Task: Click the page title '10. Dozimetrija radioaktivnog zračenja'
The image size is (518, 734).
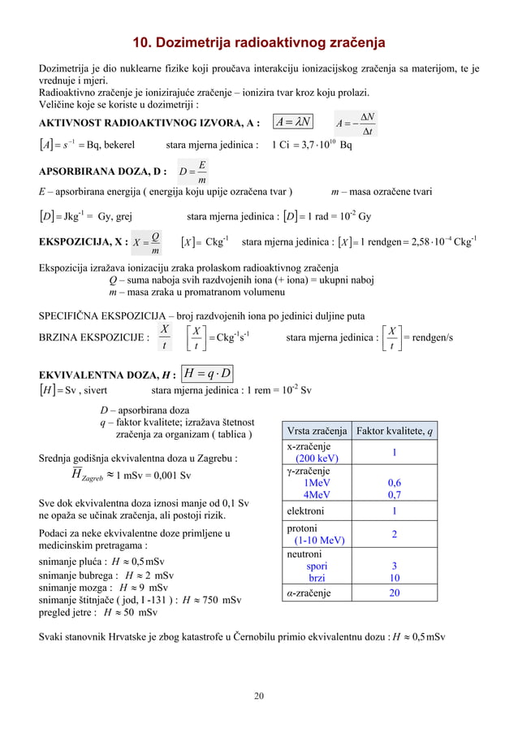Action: click(259, 43)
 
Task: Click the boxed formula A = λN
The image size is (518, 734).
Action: click(294, 123)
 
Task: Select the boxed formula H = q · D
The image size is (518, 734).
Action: click(209, 373)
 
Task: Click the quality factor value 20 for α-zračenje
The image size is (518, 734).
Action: click(395, 593)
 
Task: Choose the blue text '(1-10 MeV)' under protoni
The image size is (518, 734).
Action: click(319, 540)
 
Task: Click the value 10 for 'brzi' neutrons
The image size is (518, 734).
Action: click(395, 578)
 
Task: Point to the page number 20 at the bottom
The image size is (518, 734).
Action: click(259, 696)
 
